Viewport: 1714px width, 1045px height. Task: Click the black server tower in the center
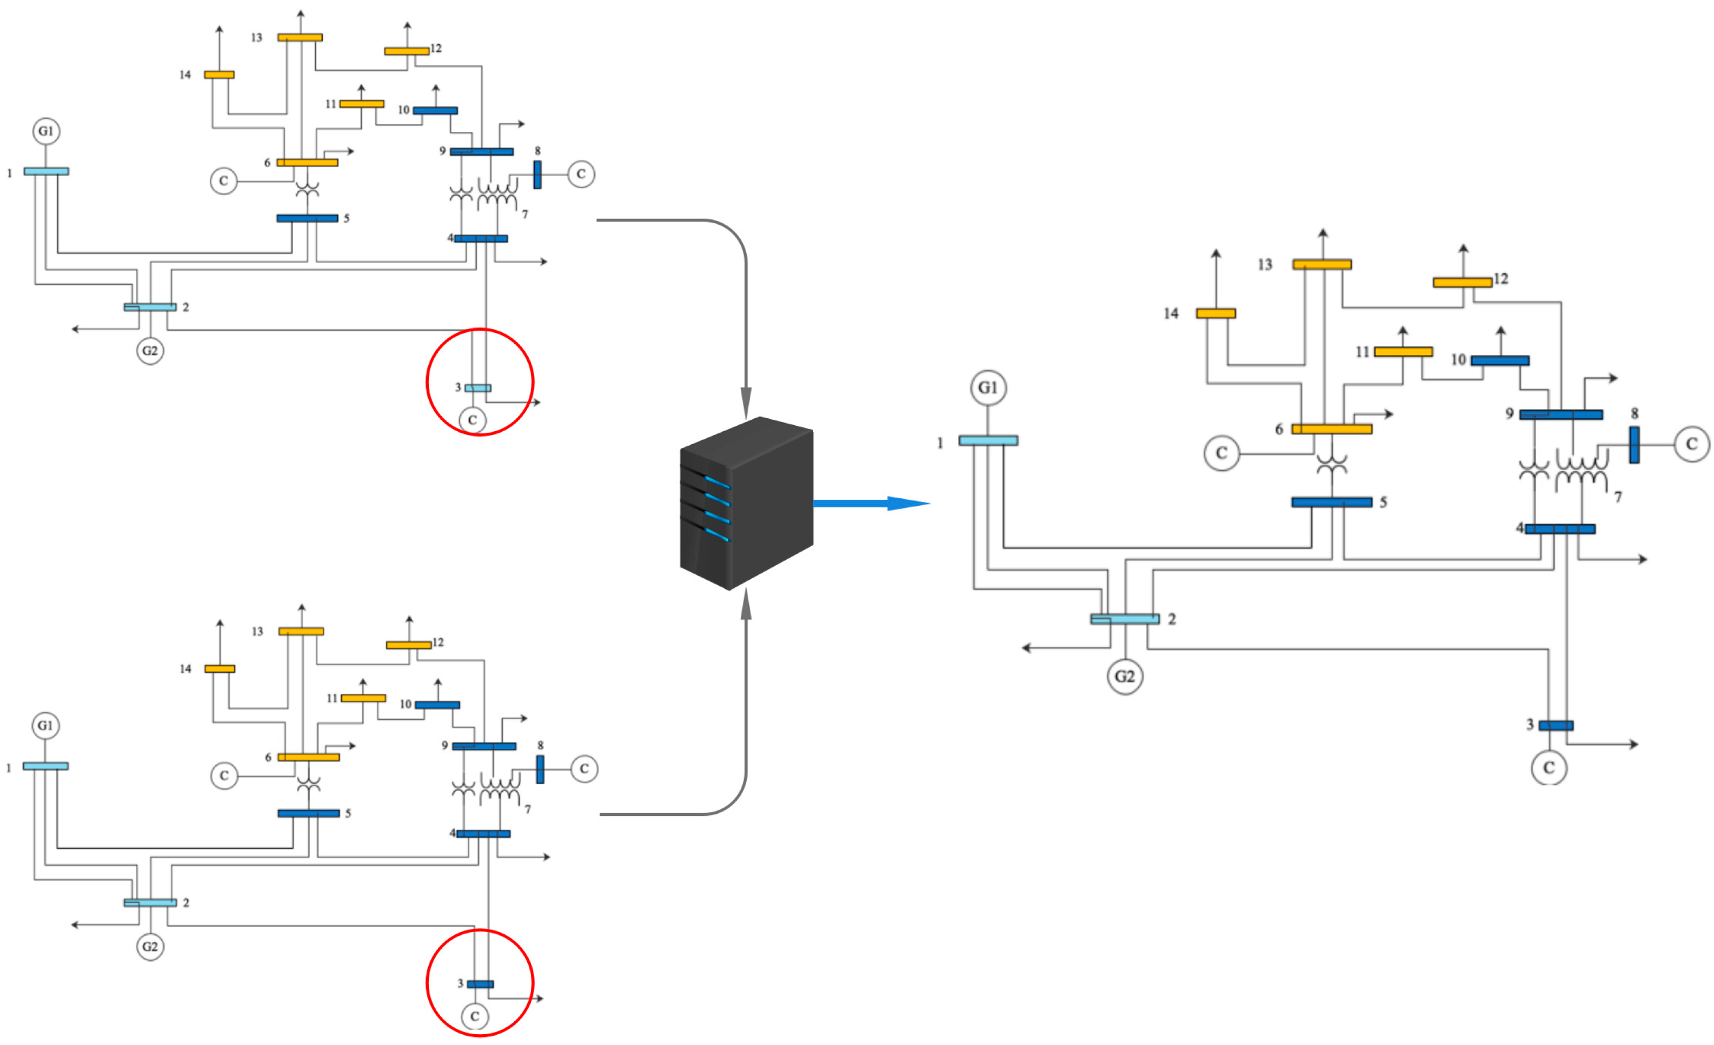click(x=746, y=504)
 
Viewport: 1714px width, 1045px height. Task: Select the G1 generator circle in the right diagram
click(x=988, y=387)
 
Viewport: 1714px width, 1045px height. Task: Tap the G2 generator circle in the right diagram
click(x=1125, y=676)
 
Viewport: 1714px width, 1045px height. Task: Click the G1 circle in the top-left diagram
click(x=46, y=131)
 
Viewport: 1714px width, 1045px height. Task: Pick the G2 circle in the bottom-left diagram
click(x=150, y=946)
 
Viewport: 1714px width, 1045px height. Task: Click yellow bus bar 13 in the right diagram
click(x=1321, y=264)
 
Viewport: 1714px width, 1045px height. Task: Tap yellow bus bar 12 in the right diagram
click(x=1462, y=282)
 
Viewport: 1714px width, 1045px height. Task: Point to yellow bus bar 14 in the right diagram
click(x=1215, y=313)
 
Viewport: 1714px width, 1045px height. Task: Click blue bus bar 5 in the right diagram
click(x=1331, y=502)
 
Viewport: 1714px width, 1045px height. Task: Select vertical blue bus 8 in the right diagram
click(x=1634, y=445)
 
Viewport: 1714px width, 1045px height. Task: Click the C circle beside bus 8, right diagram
click(x=1691, y=444)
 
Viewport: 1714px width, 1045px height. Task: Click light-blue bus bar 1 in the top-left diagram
click(x=46, y=171)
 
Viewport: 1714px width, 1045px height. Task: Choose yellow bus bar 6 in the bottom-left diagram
click(x=308, y=757)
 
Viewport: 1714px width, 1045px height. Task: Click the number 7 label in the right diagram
click(x=1618, y=497)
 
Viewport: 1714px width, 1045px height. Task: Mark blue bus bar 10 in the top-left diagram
click(x=435, y=111)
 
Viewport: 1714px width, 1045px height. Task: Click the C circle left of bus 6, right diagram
click(x=1221, y=453)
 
